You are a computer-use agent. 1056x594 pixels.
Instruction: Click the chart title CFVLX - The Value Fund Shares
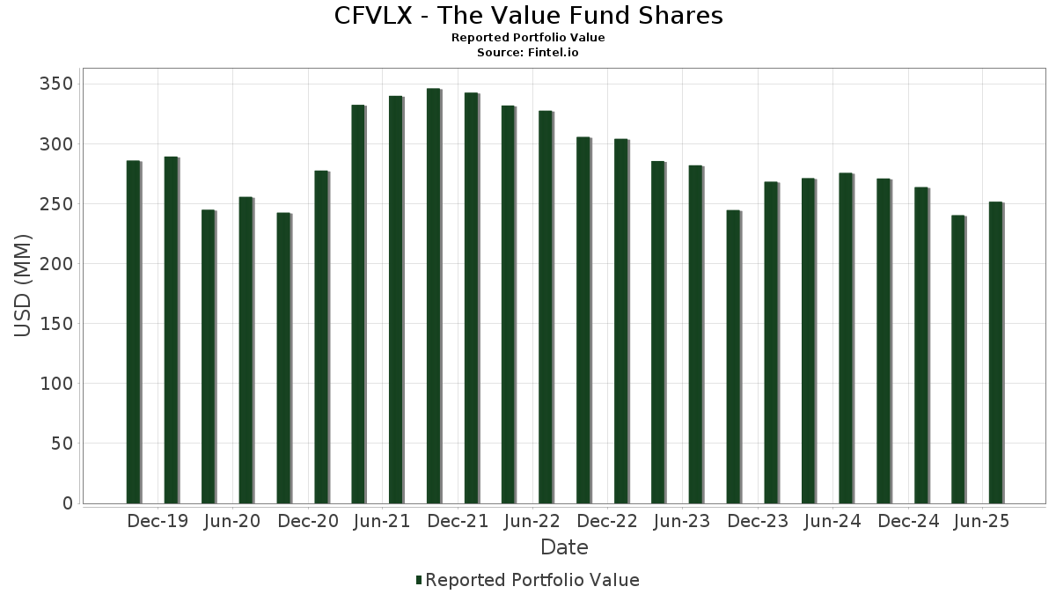pos(528,16)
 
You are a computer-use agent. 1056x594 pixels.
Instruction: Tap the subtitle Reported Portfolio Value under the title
pos(528,38)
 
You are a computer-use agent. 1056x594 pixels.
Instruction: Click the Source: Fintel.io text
pos(528,53)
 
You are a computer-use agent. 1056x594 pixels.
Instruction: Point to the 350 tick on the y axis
pos(55,84)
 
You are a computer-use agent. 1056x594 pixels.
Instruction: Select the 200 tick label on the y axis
pos(55,264)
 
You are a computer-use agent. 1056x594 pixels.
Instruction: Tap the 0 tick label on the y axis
pos(67,503)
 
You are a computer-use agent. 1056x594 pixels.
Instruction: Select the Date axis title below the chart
pos(564,547)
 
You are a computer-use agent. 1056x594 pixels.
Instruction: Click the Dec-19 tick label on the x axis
pos(158,522)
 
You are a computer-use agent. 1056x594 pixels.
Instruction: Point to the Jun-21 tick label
pos(382,522)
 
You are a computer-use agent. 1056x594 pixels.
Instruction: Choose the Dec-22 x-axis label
pos(607,522)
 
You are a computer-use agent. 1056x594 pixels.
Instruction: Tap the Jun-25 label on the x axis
pos(981,522)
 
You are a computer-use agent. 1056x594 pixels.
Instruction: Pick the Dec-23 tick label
pos(758,522)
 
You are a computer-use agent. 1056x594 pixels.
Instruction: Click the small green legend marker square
pos(419,580)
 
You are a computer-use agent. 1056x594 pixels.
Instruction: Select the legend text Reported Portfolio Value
pos(532,580)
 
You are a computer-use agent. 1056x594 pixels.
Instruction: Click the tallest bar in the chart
pos(433,296)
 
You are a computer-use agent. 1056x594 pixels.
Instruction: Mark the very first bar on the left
pos(133,332)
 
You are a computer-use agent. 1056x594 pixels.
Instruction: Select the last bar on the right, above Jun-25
pos(995,353)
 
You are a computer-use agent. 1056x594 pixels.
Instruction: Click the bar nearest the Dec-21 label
pos(471,297)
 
